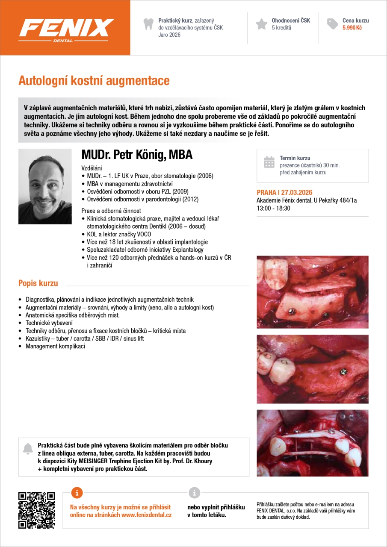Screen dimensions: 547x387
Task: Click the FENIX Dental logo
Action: pyautogui.click(x=66, y=29)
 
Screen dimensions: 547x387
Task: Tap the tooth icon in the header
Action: pyautogui.click(x=148, y=24)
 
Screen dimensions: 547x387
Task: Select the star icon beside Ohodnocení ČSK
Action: pyautogui.click(x=261, y=24)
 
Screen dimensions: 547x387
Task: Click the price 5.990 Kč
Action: pyautogui.click(x=352, y=28)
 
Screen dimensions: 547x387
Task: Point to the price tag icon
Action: pyautogui.click(x=332, y=24)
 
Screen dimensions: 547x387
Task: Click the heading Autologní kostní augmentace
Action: pyautogui.click(x=94, y=80)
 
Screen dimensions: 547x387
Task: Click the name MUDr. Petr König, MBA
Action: pyautogui.click(x=137, y=155)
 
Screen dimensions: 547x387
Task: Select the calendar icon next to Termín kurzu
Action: pyautogui.click(x=269, y=162)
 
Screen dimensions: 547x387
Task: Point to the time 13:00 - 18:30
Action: pyautogui.click(x=273, y=208)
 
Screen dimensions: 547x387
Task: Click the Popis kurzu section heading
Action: pyautogui.click(x=38, y=283)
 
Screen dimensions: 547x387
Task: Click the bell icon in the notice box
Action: pyautogui.click(x=28, y=449)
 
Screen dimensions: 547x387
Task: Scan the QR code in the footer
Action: pyautogui.click(x=36, y=510)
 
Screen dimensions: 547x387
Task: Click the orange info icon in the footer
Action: pyautogui.click(x=77, y=492)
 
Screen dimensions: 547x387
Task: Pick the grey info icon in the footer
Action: pyautogui.click(x=194, y=492)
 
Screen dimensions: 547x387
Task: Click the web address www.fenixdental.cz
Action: pyautogui.click(x=146, y=515)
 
